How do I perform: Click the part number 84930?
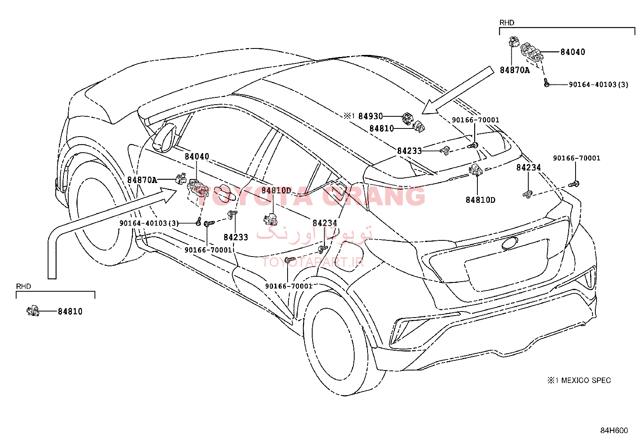click(370, 116)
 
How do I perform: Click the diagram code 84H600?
click(614, 430)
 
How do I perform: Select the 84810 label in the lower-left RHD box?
click(70, 311)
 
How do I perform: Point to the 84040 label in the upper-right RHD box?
click(573, 52)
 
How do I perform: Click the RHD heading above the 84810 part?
click(23, 286)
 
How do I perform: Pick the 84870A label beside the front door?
click(142, 180)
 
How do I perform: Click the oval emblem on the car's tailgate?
click(510, 243)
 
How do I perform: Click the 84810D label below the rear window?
click(481, 200)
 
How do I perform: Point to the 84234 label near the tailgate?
click(528, 167)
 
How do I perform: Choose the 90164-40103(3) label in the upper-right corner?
click(599, 84)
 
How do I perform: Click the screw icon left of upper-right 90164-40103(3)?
click(546, 83)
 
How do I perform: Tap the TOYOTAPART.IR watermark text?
click(313, 262)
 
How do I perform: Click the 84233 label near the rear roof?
click(409, 151)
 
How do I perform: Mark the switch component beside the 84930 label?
click(408, 119)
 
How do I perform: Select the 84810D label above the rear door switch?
click(276, 190)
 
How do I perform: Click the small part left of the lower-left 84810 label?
click(33, 311)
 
